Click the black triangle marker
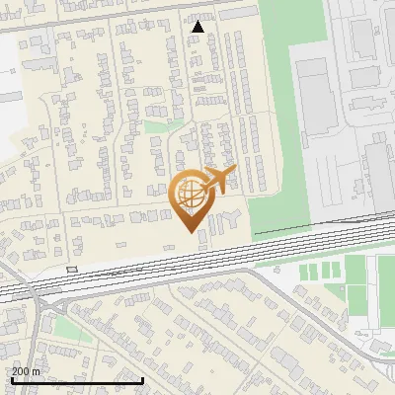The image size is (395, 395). point(198,27)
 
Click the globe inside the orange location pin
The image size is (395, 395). point(189,193)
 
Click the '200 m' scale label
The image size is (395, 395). point(26,371)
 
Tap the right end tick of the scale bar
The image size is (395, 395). point(143,379)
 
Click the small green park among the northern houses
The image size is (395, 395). point(157,125)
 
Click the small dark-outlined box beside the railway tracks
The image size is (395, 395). point(72,269)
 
